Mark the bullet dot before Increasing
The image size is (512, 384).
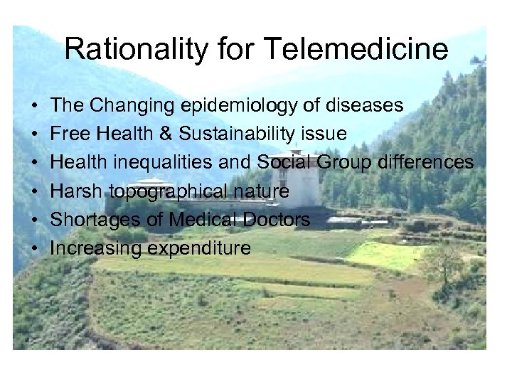34,249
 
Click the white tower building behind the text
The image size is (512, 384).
306,181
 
